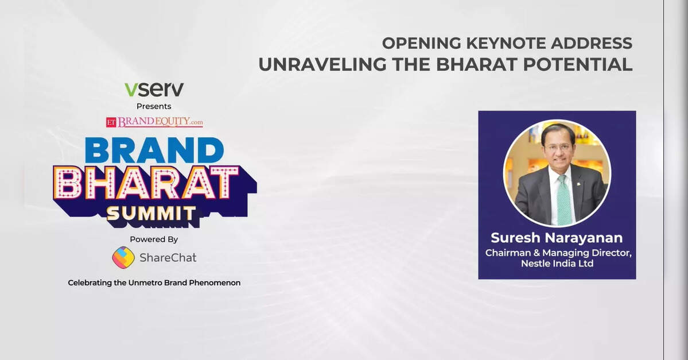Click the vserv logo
[154, 89]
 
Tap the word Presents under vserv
[154, 106]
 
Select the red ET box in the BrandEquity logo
[111, 122]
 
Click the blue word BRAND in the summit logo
[154, 150]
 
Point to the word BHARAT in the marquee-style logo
[146, 182]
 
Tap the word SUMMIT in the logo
[151, 214]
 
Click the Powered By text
[154, 239]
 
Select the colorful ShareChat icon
[123, 257]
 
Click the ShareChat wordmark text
[168, 258]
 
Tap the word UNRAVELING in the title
[322, 64]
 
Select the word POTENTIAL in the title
[578, 64]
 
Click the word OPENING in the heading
[422, 44]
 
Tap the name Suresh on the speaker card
[515, 238]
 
